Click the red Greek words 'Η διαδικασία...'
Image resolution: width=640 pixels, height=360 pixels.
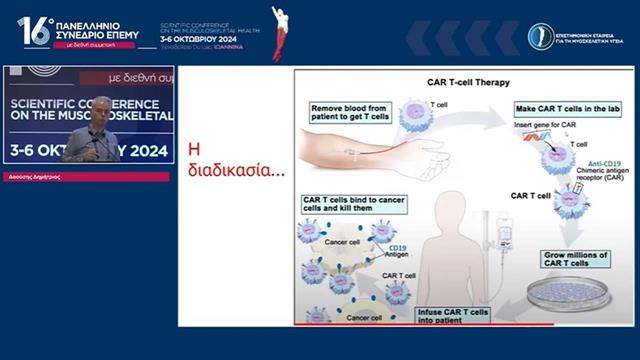[222, 160]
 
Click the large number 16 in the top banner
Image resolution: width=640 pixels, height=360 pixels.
[32, 32]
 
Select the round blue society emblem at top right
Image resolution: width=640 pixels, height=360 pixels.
[541, 37]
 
